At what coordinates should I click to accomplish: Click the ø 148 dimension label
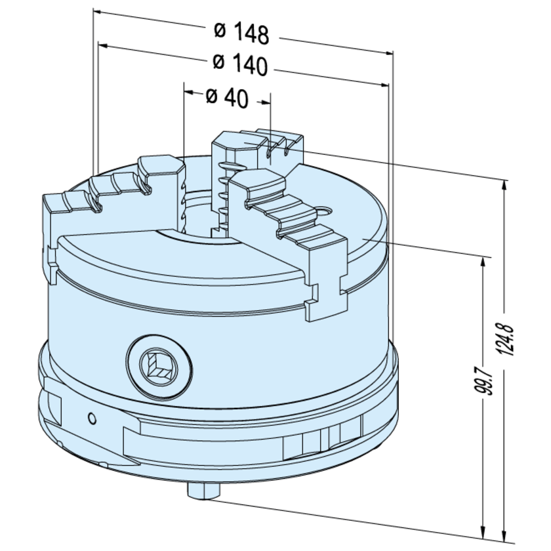(241, 32)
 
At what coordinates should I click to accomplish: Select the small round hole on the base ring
(92, 417)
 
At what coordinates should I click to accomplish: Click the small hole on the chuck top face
(323, 211)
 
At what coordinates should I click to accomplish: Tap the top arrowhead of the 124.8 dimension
(503, 184)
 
